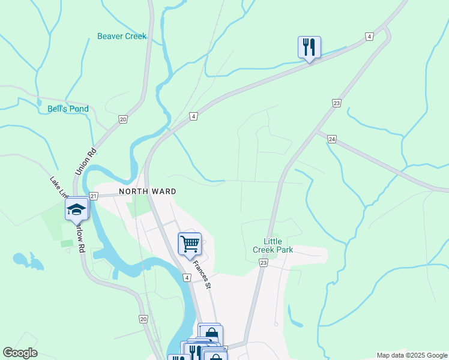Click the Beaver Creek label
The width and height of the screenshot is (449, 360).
coord(122,37)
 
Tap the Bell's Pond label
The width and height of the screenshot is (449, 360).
coord(68,109)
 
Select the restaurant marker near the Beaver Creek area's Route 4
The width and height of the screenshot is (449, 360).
coord(309,47)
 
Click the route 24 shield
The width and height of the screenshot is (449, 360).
coord(331,139)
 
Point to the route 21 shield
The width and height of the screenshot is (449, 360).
coord(93,196)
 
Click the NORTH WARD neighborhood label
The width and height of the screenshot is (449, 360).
coord(147,191)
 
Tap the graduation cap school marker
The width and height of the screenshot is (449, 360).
coord(76,209)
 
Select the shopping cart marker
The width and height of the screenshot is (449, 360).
coord(190,244)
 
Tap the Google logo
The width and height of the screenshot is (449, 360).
coord(20,353)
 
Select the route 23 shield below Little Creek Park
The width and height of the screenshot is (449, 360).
coord(263,263)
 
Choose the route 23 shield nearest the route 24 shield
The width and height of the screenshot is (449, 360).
coord(337,103)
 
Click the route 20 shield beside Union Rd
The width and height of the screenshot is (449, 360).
coord(122,119)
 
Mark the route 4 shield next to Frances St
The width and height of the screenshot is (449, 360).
coord(187,278)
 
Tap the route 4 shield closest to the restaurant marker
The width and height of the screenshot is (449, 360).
coord(369,37)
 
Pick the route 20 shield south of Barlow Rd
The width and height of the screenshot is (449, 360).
coord(143,319)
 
